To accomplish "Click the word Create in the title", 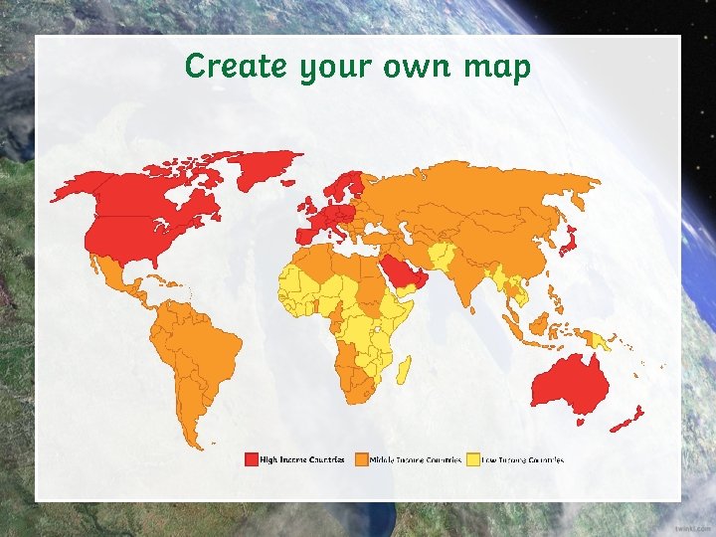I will click(x=223, y=67).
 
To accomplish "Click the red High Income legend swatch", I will click(x=251, y=459).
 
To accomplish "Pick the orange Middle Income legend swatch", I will click(x=361, y=459).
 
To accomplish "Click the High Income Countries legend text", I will click(x=302, y=459).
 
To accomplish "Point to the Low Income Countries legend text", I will click(x=523, y=459).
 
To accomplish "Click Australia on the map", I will click(x=570, y=383).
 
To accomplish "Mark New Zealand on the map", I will click(x=629, y=419).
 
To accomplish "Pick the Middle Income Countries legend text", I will click(x=416, y=459).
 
